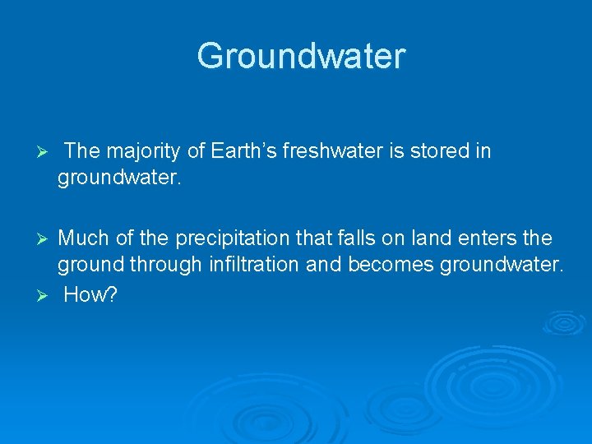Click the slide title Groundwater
click(301, 56)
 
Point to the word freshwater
click(330, 151)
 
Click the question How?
click(91, 295)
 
